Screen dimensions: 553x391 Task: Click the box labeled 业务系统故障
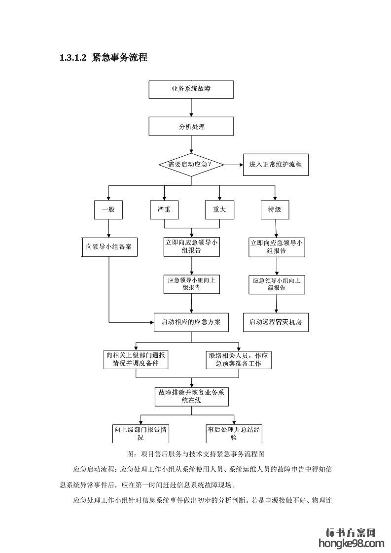pyautogui.click(x=191, y=89)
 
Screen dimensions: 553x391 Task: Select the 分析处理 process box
pyautogui.click(x=191, y=126)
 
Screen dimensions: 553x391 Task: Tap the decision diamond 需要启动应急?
pyautogui.click(x=191, y=165)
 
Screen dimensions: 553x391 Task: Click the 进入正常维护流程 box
pyautogui.click(x=276, y=165)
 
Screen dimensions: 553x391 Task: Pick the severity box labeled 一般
pyautogui.click(x=108, y=209)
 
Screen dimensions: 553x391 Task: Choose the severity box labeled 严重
pyautogui.click(x=164, y=209)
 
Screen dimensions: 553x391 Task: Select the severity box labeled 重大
pyautogui.click(x=219, y=209)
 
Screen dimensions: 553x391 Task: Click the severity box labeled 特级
pyautogui.click(x=275, y=209)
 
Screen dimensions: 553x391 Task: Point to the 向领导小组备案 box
pyautogui.click(x=108, y=247)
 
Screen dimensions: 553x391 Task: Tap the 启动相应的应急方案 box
pyautogui.click(x=191, y=322)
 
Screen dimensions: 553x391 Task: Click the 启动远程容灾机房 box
pyautogui.click(x=276, y=322)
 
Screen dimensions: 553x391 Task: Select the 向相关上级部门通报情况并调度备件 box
pyautogui.click(x=136, y=359)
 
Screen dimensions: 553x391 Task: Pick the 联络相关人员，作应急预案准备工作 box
pyautogui.click(x=240, y=359)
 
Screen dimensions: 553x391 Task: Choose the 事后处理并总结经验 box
pyautogui.click(x=234, y=433)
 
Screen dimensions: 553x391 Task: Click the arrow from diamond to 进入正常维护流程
pyautogui.click(x=233, y=165)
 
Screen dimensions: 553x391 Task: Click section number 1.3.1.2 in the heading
pyautogui.click(x=73, y=58)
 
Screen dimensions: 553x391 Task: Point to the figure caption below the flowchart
pyautogui.click(x=196, y=453)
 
